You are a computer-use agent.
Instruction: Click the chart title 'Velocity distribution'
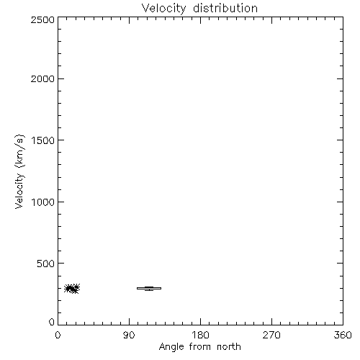coord(199,9)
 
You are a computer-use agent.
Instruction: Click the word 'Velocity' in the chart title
coord(164,9)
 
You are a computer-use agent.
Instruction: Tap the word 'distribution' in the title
coord(225,8)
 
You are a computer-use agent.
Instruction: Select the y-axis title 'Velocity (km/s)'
coord(19,171)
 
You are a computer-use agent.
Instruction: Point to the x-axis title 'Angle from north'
coord(200,347)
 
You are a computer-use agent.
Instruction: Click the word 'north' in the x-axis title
coord(229,346)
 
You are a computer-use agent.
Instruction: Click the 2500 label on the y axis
coord(42,19)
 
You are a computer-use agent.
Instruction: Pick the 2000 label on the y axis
coord(42,78)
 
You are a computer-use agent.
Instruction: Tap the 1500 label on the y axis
coord(43,140)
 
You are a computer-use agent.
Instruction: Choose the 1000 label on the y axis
coord(43,202)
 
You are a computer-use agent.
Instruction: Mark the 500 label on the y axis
coord(46,264)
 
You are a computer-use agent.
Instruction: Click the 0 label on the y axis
coord(52,322)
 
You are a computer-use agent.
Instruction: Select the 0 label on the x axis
coord(58,335)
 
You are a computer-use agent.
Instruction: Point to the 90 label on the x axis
coord(129,335)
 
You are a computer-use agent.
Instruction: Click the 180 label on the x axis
coord(200,335)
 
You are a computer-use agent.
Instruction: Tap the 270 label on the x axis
coord(271,335)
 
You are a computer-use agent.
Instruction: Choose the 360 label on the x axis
coord(343,335)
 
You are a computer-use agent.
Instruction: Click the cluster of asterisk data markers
coord(72,288)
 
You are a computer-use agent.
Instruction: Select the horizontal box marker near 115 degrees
coord(149,288)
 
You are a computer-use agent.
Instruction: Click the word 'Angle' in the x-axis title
coord(171,347)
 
